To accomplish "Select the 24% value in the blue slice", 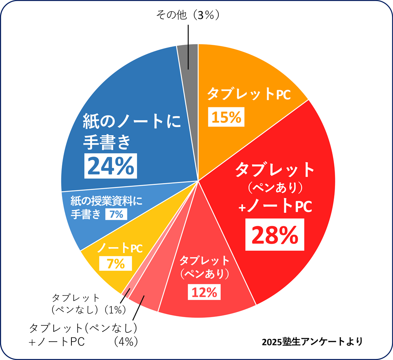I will pos(111,166).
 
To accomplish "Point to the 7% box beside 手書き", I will pos(116,214).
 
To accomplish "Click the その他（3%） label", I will pos(188,15).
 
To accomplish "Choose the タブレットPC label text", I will pos(249,94).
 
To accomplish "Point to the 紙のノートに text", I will pos(132,123).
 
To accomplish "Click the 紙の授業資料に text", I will pos(106,201).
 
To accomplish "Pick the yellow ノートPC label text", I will pos(120,248).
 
